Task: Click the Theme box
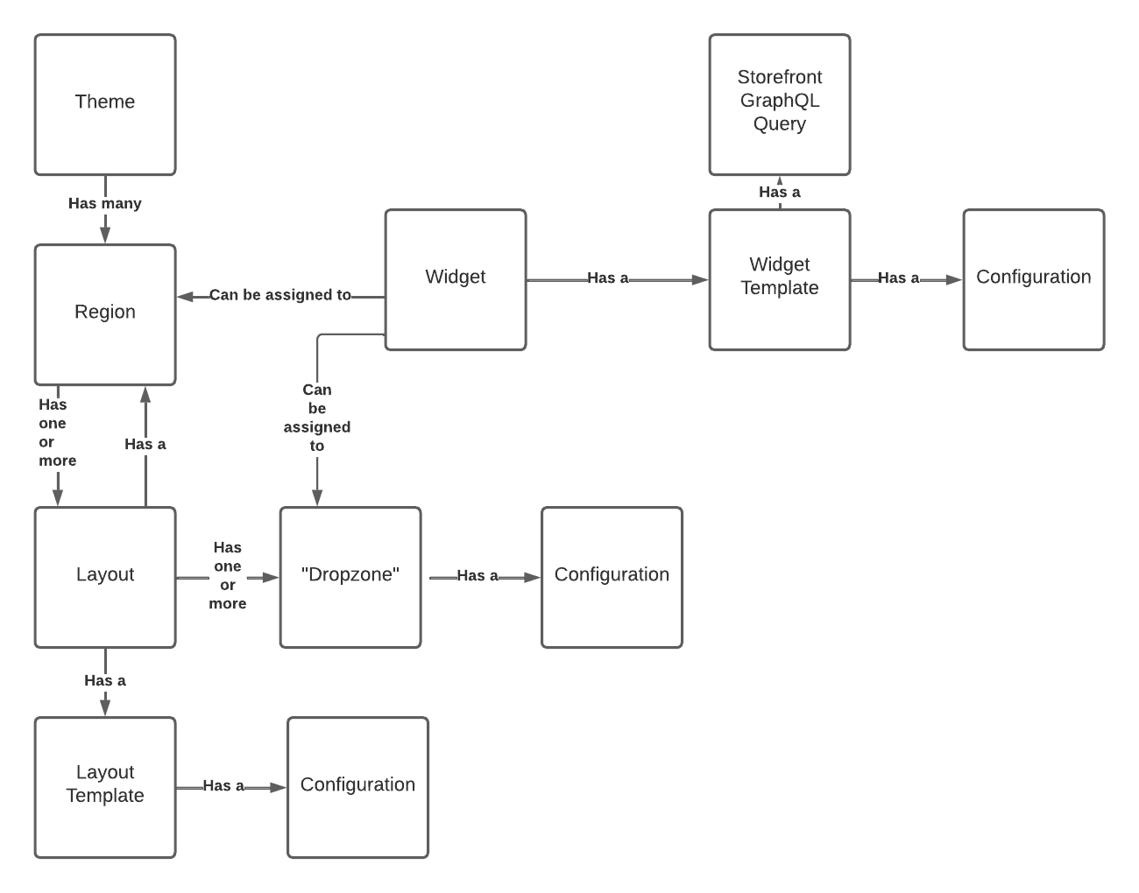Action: (x=105, y=104)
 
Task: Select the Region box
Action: (x=105, y=314)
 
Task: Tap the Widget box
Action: (x=456, y=279)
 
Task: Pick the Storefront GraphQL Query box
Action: (x=779, y=104)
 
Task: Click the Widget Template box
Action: (x=779, y=279)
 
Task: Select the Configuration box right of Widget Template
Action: (x=1033, y=279)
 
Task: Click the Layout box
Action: (x=105, y=577)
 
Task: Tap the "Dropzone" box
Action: (x=350, y=577)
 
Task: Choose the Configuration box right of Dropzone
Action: (x=612, y=577)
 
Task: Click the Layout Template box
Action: (x=105, y=787)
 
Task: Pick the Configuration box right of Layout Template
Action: (x=357, y=787)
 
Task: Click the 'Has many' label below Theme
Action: (x=105, y=203)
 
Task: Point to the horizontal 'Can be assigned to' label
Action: (x=279, y=295)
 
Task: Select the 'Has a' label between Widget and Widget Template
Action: (x=608, y=278)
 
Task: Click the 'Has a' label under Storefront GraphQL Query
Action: (x=779, y=192)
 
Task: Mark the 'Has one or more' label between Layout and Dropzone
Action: (x=228, y=575)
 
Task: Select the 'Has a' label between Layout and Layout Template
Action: (x=105, y=680)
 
